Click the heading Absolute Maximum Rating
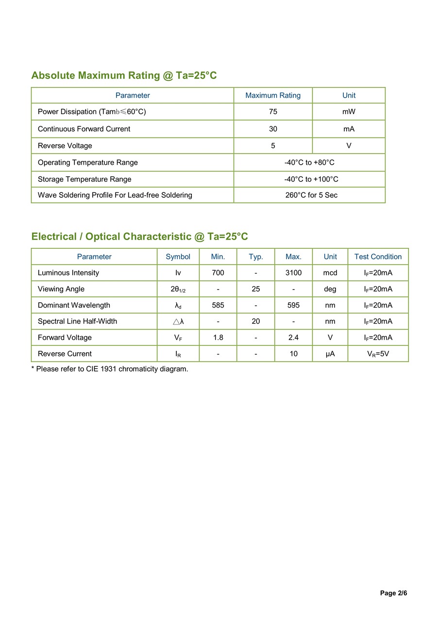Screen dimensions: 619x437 pos(124,75)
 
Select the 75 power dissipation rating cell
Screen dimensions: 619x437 pos(273,112)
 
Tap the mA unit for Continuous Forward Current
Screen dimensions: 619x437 pos(349,129)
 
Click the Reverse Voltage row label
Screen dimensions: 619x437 pos(65,146)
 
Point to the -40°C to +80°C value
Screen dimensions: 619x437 pos(309,162)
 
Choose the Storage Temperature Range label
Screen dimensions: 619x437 pos(84,179)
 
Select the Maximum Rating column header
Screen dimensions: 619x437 pos(273,95)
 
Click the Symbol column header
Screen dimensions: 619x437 pos(178,257)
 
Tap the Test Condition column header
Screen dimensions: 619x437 pos(378,257)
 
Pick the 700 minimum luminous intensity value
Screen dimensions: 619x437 pos(218,273)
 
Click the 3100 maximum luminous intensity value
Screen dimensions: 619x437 pos(293,273)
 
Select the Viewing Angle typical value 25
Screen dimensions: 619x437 pos(256,289)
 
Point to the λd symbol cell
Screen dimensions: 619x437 pos(178,306)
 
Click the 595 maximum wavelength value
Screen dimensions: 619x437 pos(293,305)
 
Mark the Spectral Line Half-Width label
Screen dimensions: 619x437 pos(77,321)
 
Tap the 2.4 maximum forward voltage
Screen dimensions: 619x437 pos(293,338)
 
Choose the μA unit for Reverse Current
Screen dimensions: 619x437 pos(330,354)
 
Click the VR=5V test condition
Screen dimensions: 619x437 pos(378,354)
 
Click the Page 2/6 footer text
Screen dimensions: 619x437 pos(393,593)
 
